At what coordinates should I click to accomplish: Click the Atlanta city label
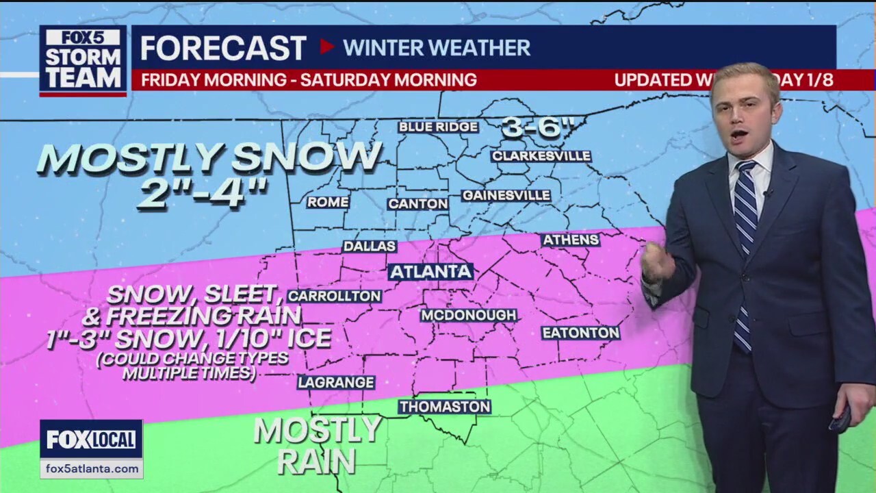click(x=431, y=271)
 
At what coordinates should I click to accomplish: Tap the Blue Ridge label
click(x=438, y=127)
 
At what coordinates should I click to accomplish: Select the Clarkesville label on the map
click(x=541, y=156)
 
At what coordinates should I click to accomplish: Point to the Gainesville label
click(x=506, y=196)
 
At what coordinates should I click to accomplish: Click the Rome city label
click(x=328, y=202)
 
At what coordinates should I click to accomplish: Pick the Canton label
click(x=417, y=204)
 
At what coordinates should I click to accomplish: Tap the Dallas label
click(x=370, y=246)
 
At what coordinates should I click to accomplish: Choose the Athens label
click(x=570, y=240)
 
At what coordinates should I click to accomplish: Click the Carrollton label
click(x=334, y=296)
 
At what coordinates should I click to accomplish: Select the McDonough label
click(x=468, y=315)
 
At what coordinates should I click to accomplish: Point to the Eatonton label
click(x=580, y=333)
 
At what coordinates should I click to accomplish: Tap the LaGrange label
click(x=336, y=382)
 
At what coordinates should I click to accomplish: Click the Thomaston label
click(x=445, y=407)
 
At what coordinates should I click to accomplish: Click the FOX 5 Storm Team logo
click(x=83, y=60)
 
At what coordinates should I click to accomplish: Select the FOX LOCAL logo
click(x=91, y=440)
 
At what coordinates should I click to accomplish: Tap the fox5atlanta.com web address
click(x=91, y=469)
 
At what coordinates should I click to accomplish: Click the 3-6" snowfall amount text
click(x=541, y=128)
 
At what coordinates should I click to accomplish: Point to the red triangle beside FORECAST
click(x=327, y=47)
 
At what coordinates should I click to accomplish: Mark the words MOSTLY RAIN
click(x=317, y=444)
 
